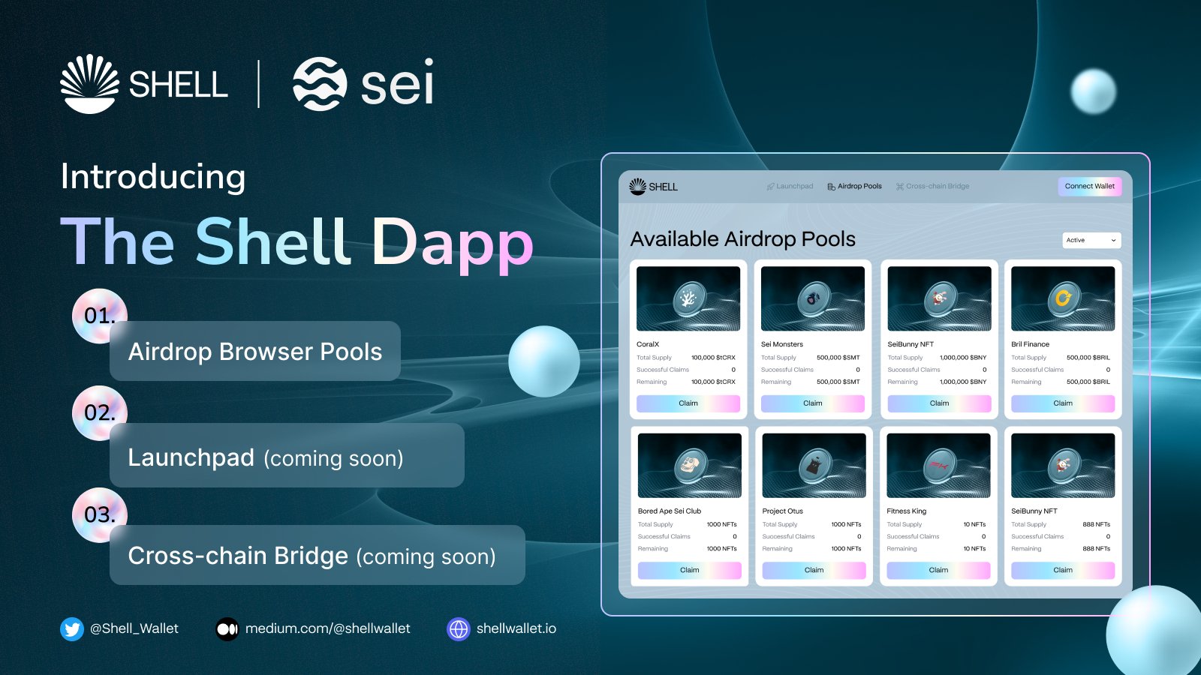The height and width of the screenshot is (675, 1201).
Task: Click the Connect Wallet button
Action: pos(1089,186)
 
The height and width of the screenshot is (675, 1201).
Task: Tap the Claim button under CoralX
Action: pos(688,403)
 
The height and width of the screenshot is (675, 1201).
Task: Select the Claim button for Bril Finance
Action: pos(1062,403)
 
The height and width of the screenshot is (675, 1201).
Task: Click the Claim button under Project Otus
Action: pos(814,570)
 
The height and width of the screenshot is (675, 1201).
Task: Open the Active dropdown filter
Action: pos(1091,240)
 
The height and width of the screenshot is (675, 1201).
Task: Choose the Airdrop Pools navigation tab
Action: pos(855,186)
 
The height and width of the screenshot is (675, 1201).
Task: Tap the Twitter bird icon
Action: pos(72,628)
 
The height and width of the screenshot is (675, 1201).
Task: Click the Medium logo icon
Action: pos(227,628)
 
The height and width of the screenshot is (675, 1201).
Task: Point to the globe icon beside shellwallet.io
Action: pos(458,628)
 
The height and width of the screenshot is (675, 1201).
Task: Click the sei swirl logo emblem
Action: pos(320,84)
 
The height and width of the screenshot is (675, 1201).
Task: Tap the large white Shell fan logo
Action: pos(89,84)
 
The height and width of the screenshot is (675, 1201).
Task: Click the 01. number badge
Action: pos(99,316)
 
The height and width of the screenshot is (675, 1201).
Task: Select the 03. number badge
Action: pos(99,514)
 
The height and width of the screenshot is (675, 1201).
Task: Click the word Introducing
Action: pos(153,177)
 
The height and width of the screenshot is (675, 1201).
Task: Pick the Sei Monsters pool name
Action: pos(782,344)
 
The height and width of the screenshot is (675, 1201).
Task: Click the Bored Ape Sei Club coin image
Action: pos(690,465)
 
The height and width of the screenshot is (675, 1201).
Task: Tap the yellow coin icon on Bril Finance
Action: pos(1063,298)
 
